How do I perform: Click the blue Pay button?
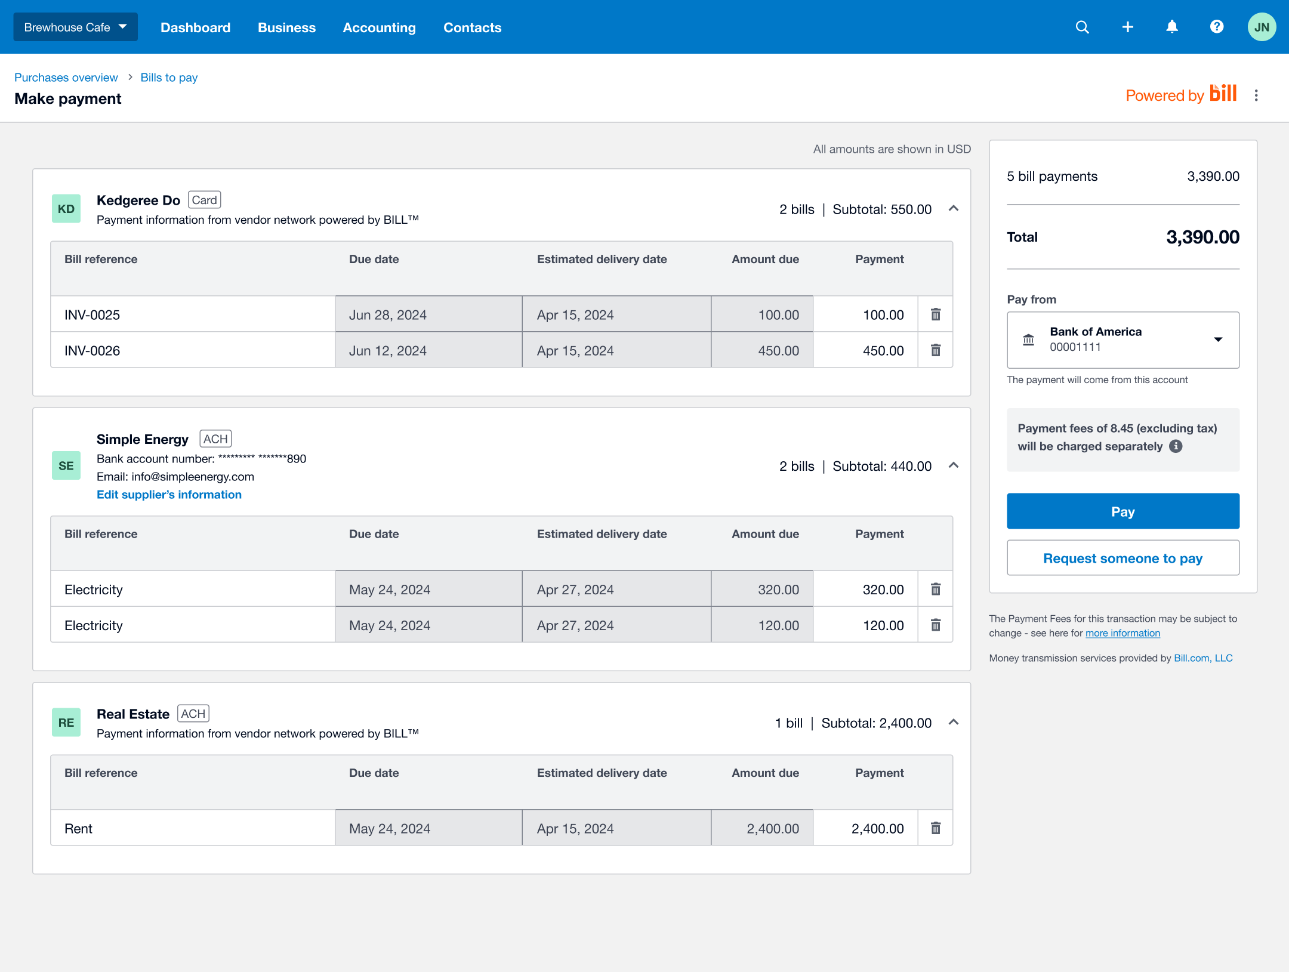(1123, 511)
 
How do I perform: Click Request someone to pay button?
(1123, 558)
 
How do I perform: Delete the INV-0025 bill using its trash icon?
(936, 314)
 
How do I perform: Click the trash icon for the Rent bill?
(936, 828)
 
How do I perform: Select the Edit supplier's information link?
(169, 495)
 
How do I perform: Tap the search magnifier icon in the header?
(1082, 27)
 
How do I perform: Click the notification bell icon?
(1172, 27)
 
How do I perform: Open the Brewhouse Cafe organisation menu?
(75, 27)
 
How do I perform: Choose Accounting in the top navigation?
(379, 28)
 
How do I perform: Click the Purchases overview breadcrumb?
(66, 78)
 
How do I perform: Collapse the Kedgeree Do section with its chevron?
(954, 208)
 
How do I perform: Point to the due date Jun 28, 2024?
(388, 315)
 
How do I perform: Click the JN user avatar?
(1262, 27)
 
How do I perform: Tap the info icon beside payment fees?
(1176, 446)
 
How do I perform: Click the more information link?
(1123, 633)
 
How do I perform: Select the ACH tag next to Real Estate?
(193, 714)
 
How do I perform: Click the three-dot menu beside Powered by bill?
(1256, 95)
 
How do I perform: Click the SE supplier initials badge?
(66, 466)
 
